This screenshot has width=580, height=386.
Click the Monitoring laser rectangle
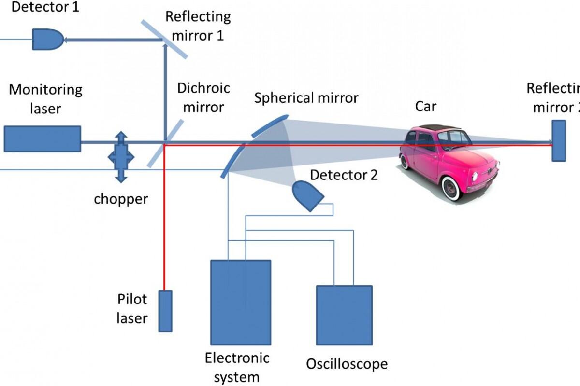click(x=43, y=139)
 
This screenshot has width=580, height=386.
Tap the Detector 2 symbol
click(x=308, y=196)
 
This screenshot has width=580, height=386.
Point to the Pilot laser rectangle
click(x=165, y=311)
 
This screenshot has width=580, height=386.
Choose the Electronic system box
click(x=240, y=302)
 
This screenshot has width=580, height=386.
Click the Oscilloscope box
click(x=344, y=315)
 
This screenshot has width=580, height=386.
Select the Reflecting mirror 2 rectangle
click(x=559, y=140)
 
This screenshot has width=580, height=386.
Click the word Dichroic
click(x=203, y=88)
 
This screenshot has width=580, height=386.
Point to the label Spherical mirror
click(x=306, y=98)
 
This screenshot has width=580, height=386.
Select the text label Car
click(x=426, y=106)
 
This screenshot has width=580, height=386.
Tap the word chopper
click(x=121, y=198)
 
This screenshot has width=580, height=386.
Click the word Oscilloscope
click(x=347, y=363)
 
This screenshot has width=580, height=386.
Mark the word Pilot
click(x=132, y=299)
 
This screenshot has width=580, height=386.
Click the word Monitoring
click(x=46, y=90)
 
